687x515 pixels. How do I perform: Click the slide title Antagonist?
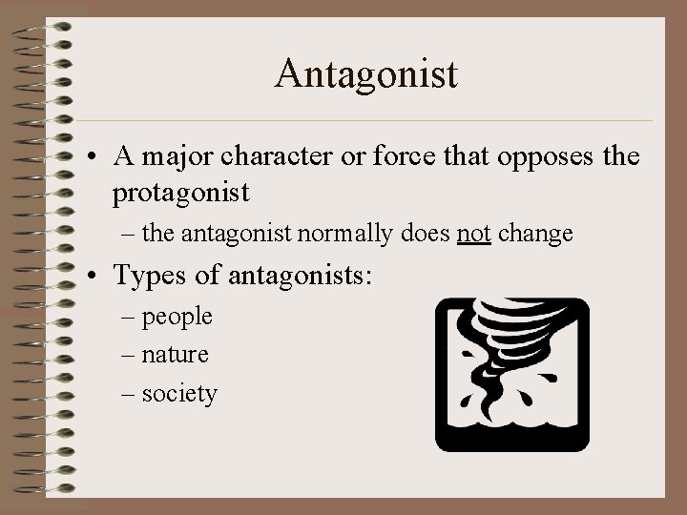click(x=366, y=72)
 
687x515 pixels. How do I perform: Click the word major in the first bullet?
click(x=181, y=154)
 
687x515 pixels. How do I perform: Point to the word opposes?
click(x=546, y=156)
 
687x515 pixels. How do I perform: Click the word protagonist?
click(x=180, y=194)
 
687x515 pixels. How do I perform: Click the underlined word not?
click(x=473, y=234)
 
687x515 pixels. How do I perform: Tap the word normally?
click(x=339, y=234)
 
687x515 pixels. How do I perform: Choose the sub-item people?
click(x=177, y=317)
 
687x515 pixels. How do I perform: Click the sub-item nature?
click(x=175, y=355)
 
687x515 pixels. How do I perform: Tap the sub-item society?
click(x=179, y=393)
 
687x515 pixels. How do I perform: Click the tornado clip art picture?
click(x=512, y=374)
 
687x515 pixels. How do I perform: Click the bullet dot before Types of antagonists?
click(x=97, y=277)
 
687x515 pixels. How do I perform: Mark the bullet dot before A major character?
click(x=97, y=155)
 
